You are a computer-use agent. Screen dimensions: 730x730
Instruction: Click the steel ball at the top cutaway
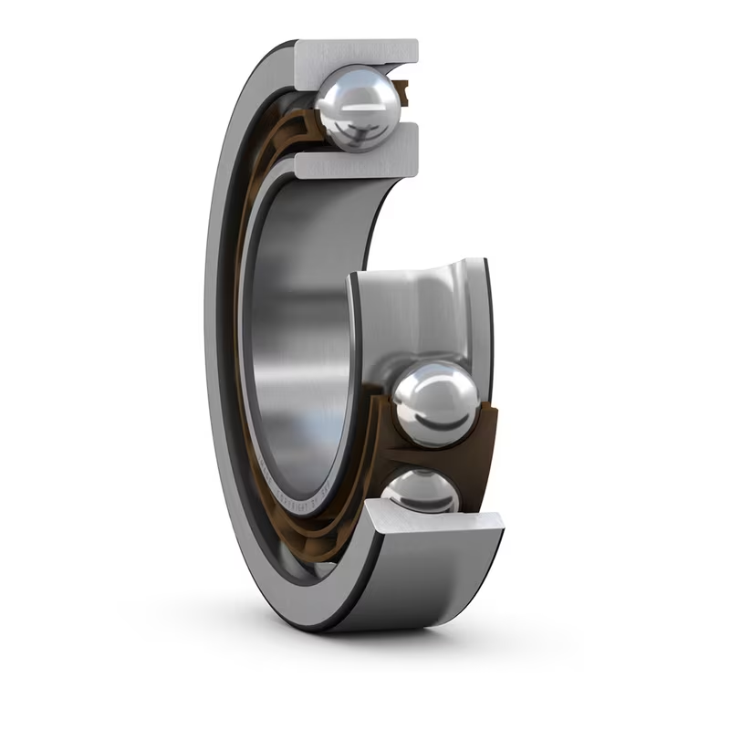coord(358,107)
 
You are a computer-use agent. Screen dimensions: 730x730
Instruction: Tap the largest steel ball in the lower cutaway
coord(435,402)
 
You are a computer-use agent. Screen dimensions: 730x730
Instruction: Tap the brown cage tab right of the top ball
coord(402,90)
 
